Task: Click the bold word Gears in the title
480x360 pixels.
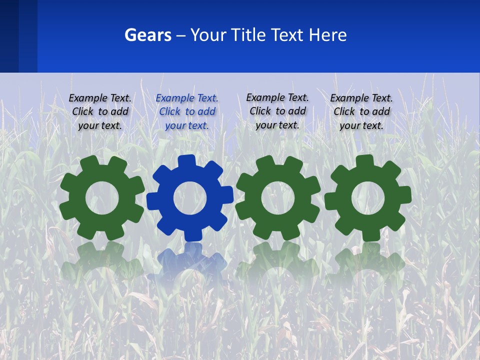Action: click(148, 35)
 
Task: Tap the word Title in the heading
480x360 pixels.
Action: click(252, 35)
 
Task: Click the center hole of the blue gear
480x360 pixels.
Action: click(190, 198)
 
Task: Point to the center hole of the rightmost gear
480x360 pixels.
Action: click(367, 197)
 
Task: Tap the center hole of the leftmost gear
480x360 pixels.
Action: click(102, 198)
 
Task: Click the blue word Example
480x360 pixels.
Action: click(173, 98)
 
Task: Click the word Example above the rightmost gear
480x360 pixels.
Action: click(348, 98)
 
